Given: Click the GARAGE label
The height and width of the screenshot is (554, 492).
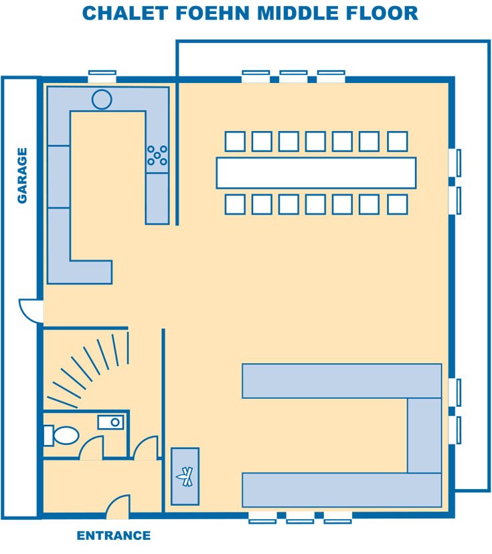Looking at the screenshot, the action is (x=22, y=175).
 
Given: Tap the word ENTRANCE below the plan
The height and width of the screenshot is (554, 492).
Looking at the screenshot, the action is (x=113, y=536).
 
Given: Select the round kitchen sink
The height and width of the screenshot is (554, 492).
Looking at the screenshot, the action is (x=102, y=99).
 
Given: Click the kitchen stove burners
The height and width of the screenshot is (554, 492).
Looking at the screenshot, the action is (x=157, y=155).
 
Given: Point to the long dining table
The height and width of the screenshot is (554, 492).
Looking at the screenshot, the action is (x=316, y=173).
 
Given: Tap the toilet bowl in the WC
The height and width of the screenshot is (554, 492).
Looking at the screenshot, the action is (x=66, y=436).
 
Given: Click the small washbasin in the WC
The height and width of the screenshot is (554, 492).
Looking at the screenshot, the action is (x=110, y=422).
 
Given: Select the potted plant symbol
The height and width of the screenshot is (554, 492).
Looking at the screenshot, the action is (x=185, y=476).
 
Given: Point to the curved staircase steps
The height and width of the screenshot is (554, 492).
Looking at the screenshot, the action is (x=91, y=367).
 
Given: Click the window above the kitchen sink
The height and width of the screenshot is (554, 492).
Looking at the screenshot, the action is (x=102, y=76).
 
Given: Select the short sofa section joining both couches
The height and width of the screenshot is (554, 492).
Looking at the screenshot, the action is (x=424, y=436).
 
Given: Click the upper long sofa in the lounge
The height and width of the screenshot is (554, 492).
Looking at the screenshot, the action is (x=342, y=381).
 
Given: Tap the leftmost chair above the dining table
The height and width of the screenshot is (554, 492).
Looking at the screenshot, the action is (x=235, y=141).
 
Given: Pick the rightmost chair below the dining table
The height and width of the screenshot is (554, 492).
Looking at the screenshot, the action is (x=398, y=204).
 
